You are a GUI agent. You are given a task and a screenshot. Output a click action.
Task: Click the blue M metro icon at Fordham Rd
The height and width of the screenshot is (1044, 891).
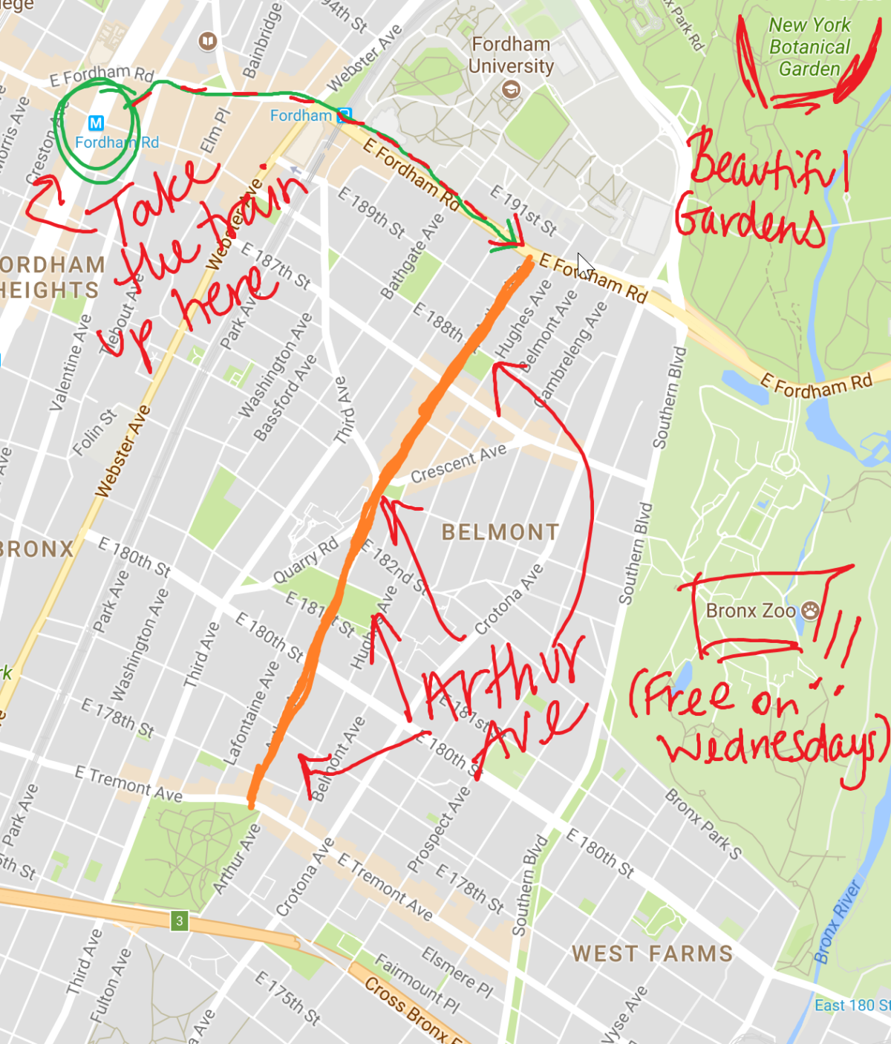click(96, 123)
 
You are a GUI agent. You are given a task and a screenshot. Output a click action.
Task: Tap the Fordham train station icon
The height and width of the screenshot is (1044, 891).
click(344, 115)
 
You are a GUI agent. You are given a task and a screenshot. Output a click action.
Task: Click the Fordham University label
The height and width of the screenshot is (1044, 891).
click(511, 55)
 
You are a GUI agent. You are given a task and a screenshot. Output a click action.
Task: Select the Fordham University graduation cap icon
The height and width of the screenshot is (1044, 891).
click(511, 91)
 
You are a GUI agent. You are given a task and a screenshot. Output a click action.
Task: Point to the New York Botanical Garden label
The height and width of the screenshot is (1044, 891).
click(809, 47)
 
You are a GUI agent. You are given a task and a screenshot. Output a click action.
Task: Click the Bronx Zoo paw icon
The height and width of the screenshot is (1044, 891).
click(810, 610)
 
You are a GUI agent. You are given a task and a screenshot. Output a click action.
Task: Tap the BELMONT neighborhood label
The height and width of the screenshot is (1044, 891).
click(500, 532)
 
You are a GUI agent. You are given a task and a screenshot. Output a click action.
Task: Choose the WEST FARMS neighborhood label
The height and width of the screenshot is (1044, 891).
click(652, 953)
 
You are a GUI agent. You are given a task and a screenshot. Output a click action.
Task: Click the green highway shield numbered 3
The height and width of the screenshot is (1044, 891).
click(179, 921)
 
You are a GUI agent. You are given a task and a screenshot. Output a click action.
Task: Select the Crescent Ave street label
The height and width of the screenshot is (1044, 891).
click(458, 463)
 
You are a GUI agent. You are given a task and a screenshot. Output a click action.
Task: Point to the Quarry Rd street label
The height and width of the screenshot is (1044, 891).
click(305, 560)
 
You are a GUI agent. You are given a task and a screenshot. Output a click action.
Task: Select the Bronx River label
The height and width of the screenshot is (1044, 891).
click(837, 922)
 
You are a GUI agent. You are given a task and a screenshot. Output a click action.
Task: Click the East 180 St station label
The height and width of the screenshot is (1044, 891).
click(852, 1005)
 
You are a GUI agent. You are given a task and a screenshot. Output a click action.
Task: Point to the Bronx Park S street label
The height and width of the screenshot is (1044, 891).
click(702, 824)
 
